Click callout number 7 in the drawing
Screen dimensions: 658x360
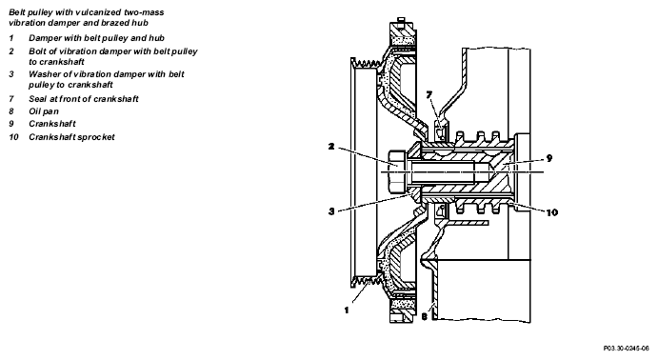tap(429, 95)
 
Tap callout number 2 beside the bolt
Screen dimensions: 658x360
tap(331, 147)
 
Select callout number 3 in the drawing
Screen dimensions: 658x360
tap(331, 211)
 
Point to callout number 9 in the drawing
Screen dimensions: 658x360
tap(548, 158)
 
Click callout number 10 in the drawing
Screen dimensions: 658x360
tap(552, 212)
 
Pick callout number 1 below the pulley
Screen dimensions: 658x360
tap(347, 310)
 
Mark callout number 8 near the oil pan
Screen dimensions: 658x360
tap(425, 317)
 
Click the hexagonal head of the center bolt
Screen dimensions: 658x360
tap(397, 172)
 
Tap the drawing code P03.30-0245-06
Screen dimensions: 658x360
tap(627, 349)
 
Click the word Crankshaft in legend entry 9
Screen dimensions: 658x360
tap(52, 124)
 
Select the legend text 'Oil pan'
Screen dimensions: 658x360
tap(44, 111)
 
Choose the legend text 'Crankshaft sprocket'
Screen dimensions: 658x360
tap(71, 137)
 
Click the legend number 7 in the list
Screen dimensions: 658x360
tap(11, 99)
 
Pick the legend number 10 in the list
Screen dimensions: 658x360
tap(14, 137)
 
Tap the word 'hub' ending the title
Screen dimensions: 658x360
tap(142, 23)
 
